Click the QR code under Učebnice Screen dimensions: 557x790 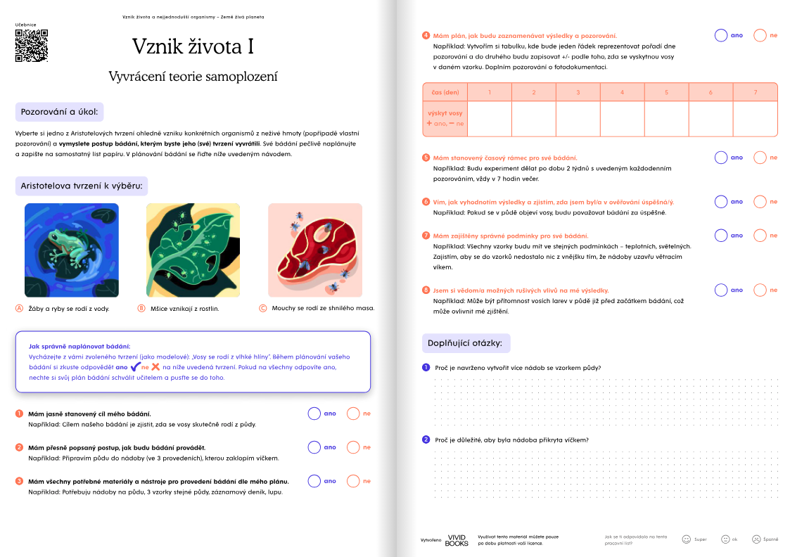[32, 46]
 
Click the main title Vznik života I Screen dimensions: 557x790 [193, 46]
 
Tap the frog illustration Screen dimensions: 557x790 [72, 250]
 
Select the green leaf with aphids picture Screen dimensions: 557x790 [193, 250]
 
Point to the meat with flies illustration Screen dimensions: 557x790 [315, 250]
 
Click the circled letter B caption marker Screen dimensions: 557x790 [141, 308]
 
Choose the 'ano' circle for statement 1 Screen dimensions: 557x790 [314, 414]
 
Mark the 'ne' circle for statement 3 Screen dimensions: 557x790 [353, 481]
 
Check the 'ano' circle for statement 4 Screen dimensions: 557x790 [720, 35]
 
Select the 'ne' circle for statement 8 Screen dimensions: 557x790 [760, 290]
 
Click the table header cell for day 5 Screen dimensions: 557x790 [666, 92]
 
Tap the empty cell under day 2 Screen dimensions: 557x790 [534, 118]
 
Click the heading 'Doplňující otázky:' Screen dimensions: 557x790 [465, 343]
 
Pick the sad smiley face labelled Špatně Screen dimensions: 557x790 [756, 539]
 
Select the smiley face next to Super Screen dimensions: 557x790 [686, 539]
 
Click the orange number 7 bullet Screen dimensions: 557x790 [426, 236]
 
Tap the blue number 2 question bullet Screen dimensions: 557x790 [426, 440]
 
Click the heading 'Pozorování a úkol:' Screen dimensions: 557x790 [60, 112]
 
